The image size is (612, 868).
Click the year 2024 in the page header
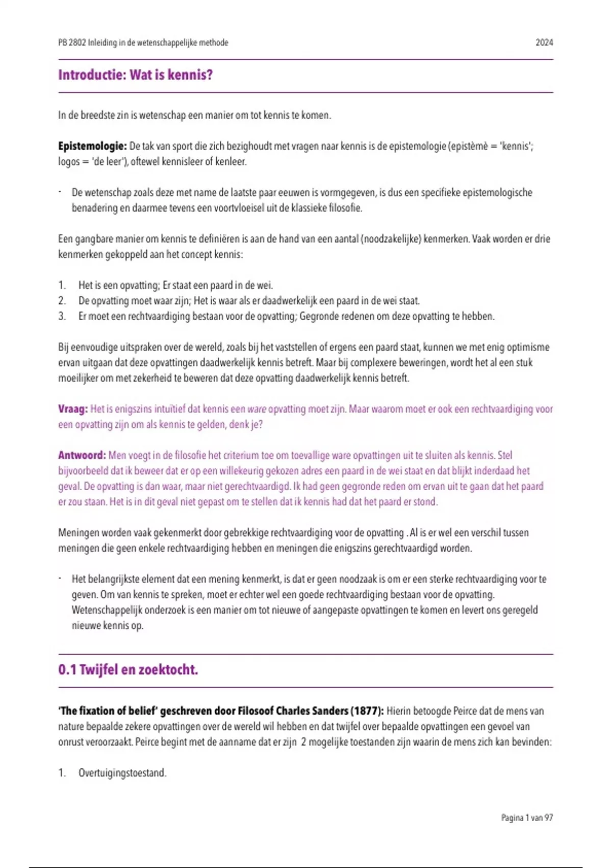(x=544, y=43)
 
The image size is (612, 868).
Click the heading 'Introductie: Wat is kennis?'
(x=135, y=75)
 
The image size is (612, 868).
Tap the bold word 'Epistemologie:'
(x=92, y=146)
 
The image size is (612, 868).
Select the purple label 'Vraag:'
(x=73, y=409)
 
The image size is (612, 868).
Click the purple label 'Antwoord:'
(x=82, y=455)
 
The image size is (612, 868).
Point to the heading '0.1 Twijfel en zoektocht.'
(x=128, y=670)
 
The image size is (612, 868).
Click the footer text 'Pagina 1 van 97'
(x=527, y=817)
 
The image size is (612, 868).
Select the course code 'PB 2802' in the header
(x=72, y=43)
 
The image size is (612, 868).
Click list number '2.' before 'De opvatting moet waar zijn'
(x=62, y=301)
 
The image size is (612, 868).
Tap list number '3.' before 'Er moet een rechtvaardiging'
(x=62, y=316)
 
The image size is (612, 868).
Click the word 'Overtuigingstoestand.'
(x=122, y=773)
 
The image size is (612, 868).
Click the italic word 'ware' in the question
(x=257, y=409)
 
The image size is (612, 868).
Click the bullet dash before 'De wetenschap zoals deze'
(x=60, y=192)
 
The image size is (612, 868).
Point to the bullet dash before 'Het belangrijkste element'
(x=60, y=578)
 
